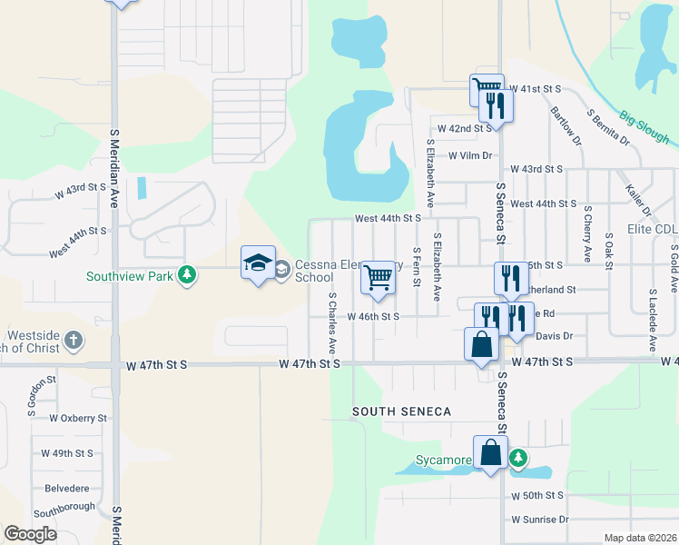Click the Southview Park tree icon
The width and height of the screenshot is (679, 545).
tap(187, 274)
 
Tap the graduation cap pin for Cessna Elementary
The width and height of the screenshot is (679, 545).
tap(258, 263)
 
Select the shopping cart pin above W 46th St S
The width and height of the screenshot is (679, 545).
tap(378, 279)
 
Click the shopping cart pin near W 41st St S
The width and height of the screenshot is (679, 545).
tap(487, 90)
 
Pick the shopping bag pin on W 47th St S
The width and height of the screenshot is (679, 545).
tap(481, 345)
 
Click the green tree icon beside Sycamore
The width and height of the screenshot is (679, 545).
tap(518, 458)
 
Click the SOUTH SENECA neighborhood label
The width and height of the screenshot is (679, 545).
tap(402, 411)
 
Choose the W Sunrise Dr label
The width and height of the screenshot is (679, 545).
tap(539, 520)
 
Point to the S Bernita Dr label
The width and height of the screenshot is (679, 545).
tap(608, 128)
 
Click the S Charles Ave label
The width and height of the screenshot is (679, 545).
tap(332, 322)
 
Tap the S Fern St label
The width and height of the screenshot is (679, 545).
tap(417, 266)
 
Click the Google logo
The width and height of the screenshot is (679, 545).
tap(31, 534)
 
